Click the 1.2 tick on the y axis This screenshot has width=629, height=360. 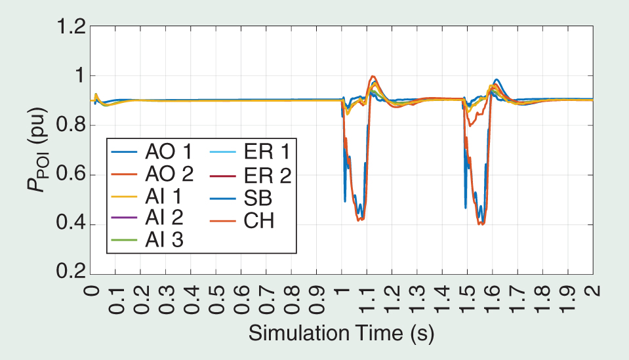click(70, 28)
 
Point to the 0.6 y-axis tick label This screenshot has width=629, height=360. click(70, 175)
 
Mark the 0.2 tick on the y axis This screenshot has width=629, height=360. click(70, 273)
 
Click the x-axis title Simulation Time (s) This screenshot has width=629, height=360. click(340, 334)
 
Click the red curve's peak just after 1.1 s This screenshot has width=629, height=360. click(373, 76)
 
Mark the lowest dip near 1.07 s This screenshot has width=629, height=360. click(359, 220)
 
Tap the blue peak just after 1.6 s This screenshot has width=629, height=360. click(497, 79)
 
